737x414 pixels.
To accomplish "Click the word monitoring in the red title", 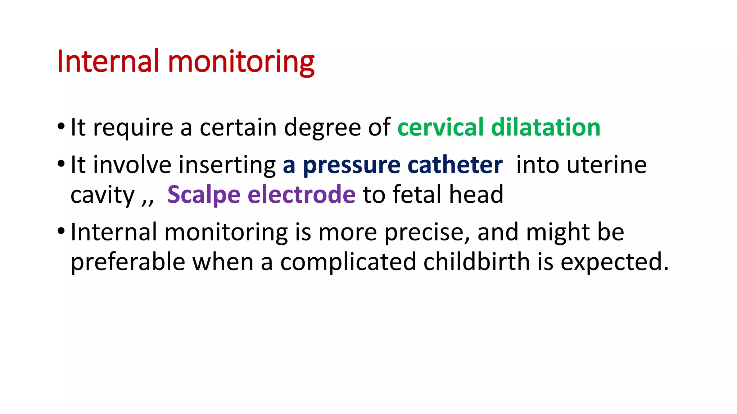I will (x=241, y=62).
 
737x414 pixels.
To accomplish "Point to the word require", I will (x=133, y=128).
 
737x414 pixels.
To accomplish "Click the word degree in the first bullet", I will (x=322, y=128).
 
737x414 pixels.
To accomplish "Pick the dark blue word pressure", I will (x=352, y=166).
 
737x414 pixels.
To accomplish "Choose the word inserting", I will (x=227, y=166).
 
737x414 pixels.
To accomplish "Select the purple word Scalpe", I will (x=204, y=195).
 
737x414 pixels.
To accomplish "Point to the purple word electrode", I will (x=302, y=194).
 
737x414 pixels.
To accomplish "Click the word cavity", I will (x=103, y=195).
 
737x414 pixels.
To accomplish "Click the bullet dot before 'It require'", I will (x=61, y=126).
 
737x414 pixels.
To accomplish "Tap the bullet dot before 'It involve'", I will (x=61, y=164).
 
